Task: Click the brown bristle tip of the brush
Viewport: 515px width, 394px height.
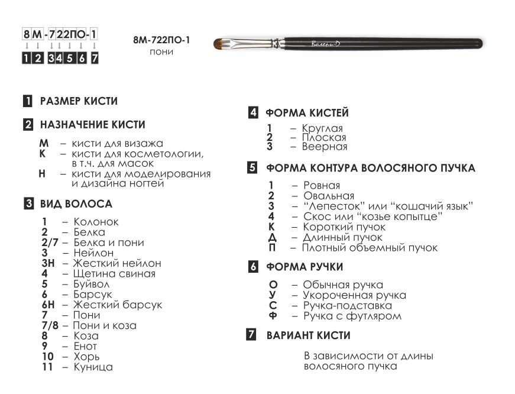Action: click(222, 43)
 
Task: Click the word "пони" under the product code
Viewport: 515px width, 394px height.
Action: click(161, 52)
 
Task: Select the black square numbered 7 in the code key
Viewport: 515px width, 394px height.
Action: click(95, 58)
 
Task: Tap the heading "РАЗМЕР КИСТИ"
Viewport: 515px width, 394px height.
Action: click(79, 101)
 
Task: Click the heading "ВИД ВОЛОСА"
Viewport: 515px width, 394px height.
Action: click(76, 204)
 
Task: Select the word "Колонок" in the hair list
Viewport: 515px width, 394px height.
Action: click(96, 222)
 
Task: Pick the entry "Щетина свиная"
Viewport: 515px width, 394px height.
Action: click(114, 273)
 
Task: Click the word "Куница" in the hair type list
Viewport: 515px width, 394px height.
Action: click(93, 367)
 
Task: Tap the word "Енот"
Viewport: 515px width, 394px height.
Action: click(85, 346)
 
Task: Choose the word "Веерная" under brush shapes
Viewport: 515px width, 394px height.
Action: click(325, 146)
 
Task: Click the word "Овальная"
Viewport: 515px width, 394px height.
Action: click(329, 196)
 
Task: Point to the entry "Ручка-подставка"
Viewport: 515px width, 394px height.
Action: click(348, 306)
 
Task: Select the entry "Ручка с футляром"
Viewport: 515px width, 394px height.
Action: click(352, 316)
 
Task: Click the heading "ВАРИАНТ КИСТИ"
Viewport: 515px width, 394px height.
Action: click(308, 335)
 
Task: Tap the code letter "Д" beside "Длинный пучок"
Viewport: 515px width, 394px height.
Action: click(272, 237)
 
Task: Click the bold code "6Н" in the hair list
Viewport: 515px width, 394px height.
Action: click(48, 305)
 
